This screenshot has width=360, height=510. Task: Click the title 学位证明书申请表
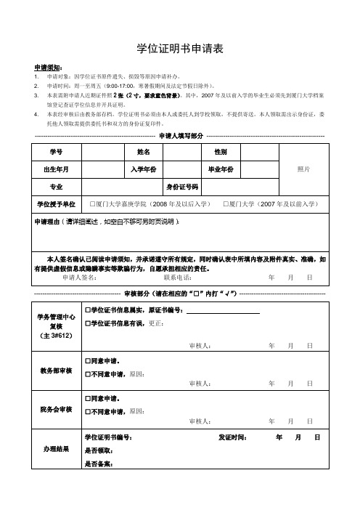(x=179, y=49)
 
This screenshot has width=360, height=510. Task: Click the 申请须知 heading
(x=49, y=67)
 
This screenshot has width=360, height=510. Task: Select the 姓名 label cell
(x=143, y=152)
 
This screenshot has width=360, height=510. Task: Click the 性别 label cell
(x=220, y=152)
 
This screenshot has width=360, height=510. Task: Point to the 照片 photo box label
(x=304, y=169)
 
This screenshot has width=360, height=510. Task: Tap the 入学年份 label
(x=143, y=169)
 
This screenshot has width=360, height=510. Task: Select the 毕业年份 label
(x=220, y=169)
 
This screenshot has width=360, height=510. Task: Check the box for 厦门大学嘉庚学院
(x=93, y=203)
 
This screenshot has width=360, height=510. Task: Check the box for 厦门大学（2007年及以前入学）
(x=227, y=203)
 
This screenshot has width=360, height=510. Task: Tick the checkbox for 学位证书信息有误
(x=88, y=323)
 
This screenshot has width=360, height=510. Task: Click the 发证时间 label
(x=232, y=437)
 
